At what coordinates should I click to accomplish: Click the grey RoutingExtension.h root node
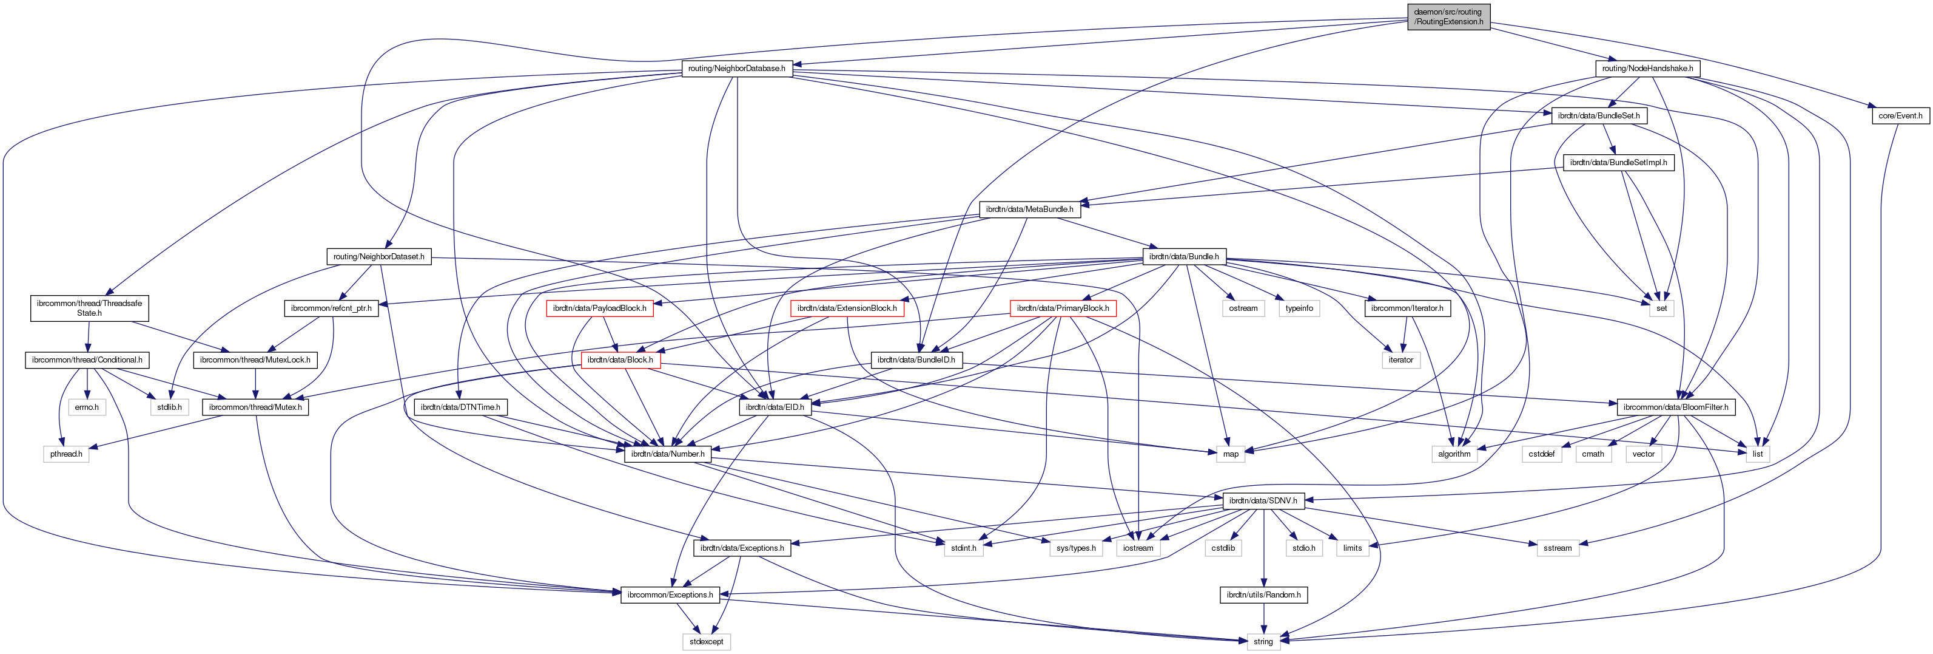(1448, 16)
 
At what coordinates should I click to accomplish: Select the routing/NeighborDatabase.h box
(736, 69)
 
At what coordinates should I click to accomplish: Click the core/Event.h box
(1900, 115)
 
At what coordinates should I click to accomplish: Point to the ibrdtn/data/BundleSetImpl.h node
(1618, 162)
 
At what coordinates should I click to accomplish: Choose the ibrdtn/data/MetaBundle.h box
(1029, 209)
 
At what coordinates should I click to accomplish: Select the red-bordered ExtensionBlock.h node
(847, 308)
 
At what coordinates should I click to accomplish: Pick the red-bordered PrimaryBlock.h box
(1062, 308)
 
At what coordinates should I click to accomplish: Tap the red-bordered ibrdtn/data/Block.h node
(620, 359)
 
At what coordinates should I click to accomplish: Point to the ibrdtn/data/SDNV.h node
(1262, 501)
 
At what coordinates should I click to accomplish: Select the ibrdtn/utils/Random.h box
(1263, 594)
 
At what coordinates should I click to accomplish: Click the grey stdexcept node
(706, 642)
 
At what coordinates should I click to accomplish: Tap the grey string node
(1263, 642)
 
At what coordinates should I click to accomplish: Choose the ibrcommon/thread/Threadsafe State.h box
(89, 308)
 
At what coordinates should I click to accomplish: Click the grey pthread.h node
(66, 454)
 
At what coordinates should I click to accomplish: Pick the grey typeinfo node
(1299, 308)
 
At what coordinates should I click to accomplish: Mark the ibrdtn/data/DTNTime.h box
(460, 407)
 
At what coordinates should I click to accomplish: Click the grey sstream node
(1557, 548)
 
